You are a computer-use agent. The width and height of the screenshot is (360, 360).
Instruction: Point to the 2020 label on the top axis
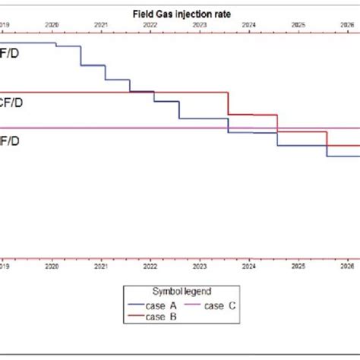click(52, 25)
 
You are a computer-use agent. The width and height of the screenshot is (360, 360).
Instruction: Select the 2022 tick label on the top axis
click(150, 25)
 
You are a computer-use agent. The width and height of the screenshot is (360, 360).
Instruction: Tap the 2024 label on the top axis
click(249, 25)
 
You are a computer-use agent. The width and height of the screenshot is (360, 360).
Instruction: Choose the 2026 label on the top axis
click(348, 25)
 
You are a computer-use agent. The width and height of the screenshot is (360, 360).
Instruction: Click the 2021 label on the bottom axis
click(101, 267)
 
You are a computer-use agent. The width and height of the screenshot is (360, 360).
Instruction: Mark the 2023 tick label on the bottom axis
click(200, 267)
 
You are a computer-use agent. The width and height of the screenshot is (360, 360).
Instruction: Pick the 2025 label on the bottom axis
click(298, 267)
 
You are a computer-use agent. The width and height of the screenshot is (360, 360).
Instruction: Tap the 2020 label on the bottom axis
click(52, 267)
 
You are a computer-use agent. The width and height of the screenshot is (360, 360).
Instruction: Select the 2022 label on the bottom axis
click(150, 267)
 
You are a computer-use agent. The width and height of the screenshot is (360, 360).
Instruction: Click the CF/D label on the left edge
click(11, 103)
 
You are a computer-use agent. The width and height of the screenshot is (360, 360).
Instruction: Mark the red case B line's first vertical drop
click(229, 103)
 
